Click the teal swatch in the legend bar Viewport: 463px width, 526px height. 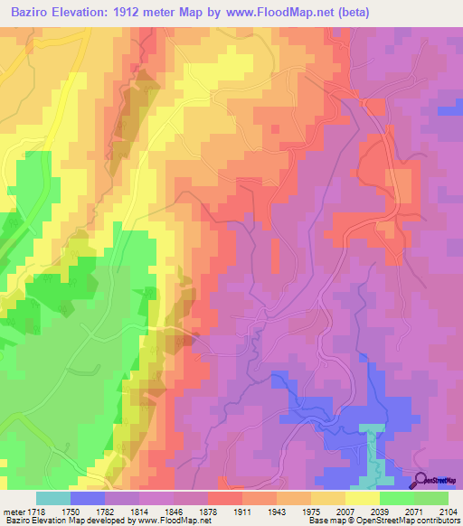coord(53,498)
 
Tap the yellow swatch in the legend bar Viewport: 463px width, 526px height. coord(363,498)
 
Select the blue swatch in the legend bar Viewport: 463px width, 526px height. coord(88,498)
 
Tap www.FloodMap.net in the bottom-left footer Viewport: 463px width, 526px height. coord(181,520)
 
